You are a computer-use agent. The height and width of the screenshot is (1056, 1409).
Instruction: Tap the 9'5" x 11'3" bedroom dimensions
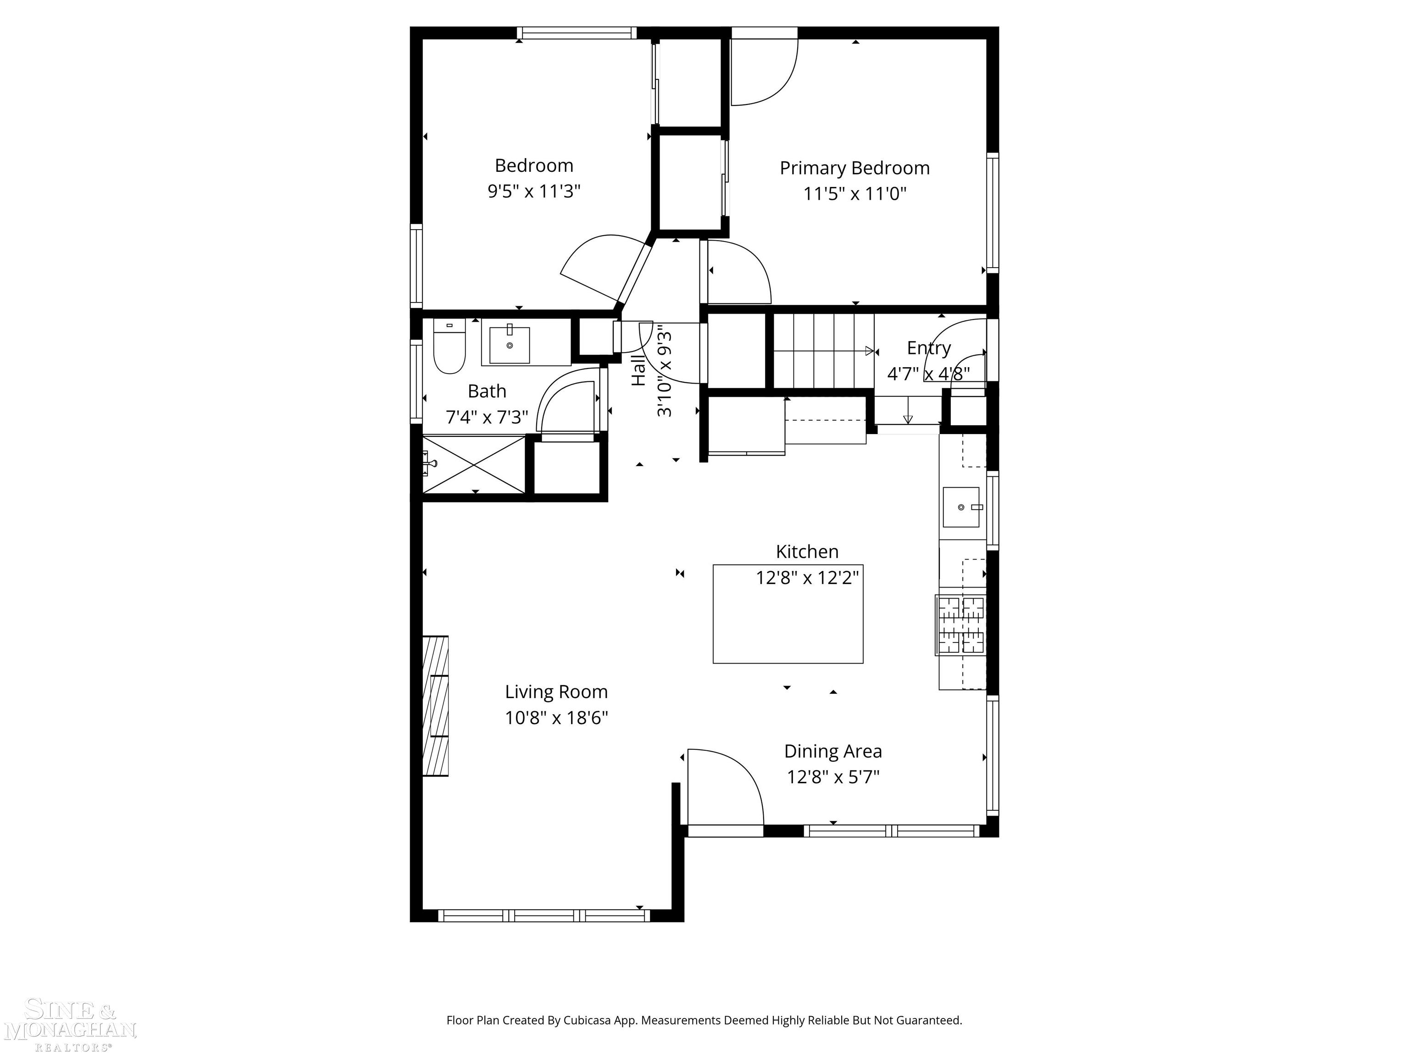(x=534, y=191)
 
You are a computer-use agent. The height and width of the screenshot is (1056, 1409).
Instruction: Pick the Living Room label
(x=556, y=692)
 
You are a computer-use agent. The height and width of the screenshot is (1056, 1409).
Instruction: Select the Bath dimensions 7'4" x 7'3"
(x=487, y=417)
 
